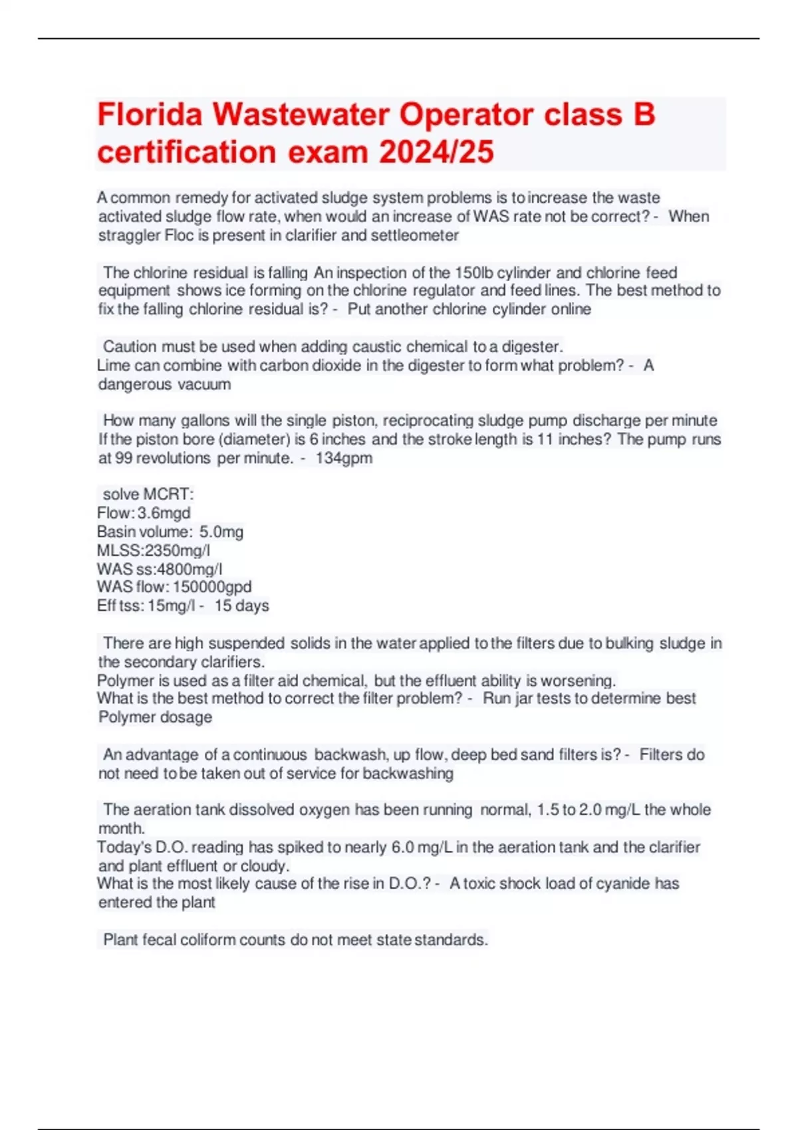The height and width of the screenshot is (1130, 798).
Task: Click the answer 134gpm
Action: tap(344, 458)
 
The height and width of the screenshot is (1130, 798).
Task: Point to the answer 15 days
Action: tap(241, 606)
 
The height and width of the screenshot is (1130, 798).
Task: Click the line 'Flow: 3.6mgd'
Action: tap(144, 513)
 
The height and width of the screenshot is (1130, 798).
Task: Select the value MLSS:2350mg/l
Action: tap(154, 550)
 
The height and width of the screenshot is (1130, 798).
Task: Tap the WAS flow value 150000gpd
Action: tap(212, 587)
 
